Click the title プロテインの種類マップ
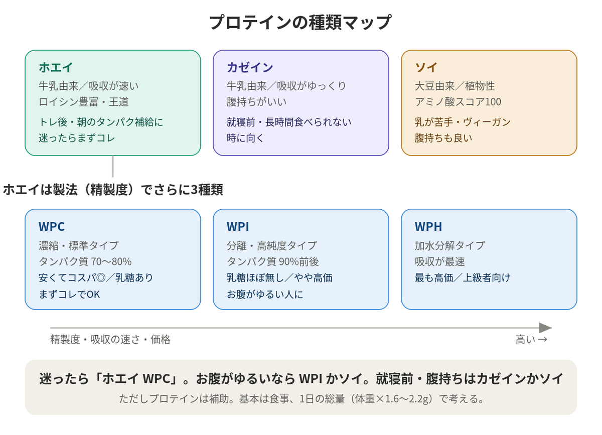(x=300, y=22)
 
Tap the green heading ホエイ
(x=56, y=67)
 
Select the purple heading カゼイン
(x=250, y=67)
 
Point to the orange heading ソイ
(x=426, y=67)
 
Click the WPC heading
(x=52, y=227)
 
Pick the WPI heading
(x=238, y=227)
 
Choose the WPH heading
(x=428, y=227)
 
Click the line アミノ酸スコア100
(x=458, y=102)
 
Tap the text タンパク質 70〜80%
(x=85, y=261)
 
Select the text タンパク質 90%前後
(x=273, y=261)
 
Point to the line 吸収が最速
(x=439, y=261)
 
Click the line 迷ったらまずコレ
(x=77, y=138)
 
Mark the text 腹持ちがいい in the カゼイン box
(x=257, y=102)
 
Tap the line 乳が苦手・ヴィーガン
(x=463, y=122)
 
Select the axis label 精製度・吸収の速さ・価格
(x=110, y=340)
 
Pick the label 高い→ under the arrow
(x=532, y=340)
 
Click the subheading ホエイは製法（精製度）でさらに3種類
(x=113, y=190)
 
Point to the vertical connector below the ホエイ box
(x=113, y=167)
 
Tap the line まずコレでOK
(x=69, y=295)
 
